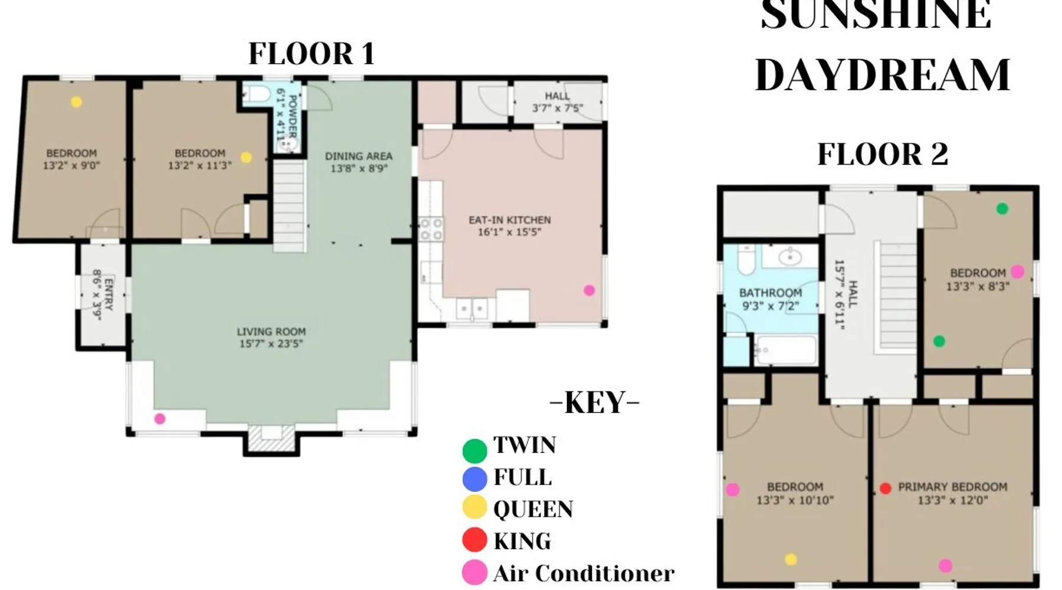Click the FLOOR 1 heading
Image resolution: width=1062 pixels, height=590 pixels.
[312, 54]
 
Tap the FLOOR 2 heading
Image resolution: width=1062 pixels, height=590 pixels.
[883, 154]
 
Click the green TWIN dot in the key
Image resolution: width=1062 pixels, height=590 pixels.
[474, 451]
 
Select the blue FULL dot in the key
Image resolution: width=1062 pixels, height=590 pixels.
[474, 478]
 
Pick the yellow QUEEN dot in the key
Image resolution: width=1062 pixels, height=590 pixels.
[474, 507]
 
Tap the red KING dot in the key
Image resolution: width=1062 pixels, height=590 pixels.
[474, 539]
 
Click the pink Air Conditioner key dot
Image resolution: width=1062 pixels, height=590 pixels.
[474, 572]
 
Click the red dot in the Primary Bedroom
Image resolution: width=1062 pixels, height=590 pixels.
[885, 488]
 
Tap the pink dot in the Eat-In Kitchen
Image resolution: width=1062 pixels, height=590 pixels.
[589, 290]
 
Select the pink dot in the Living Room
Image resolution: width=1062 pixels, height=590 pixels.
[159, 419]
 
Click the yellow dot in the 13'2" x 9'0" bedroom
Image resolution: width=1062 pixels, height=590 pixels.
[76, 102]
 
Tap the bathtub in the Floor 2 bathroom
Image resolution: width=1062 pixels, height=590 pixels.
[785, 350]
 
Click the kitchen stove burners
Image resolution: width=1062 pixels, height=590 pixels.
[431, 230]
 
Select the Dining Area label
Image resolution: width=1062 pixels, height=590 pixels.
[359, 162]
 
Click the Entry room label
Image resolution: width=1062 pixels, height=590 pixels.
[103, 295]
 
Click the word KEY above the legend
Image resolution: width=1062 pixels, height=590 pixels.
[595, 403]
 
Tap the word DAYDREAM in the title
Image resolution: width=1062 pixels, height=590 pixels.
[883, 75]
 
